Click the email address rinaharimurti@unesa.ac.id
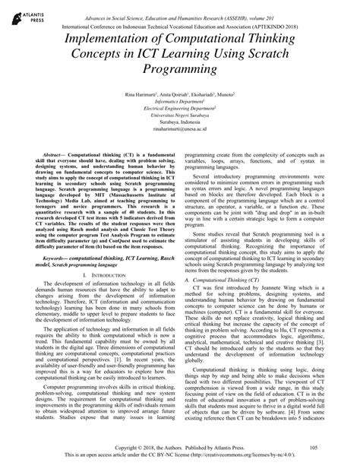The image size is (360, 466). pos(180,130)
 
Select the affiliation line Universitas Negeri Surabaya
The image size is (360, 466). pos(180,114)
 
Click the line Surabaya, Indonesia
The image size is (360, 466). pos(180,122)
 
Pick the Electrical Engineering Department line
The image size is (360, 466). pos(180,106)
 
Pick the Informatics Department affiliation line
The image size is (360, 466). pos(180,99)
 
